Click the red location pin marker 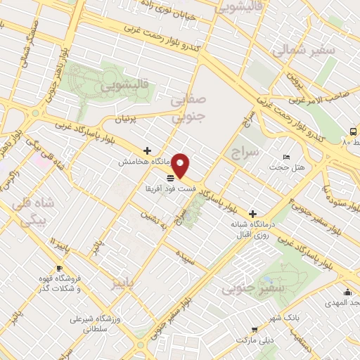click(181, 165)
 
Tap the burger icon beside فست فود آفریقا click(170, 177)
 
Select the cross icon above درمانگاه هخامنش click(147, 150)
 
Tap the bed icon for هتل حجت click(285, 157)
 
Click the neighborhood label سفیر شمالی click(296, 50)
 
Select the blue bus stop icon click(353, 131)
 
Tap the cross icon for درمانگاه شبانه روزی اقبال click(252, 213)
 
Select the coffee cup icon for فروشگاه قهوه click(59, 269)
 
